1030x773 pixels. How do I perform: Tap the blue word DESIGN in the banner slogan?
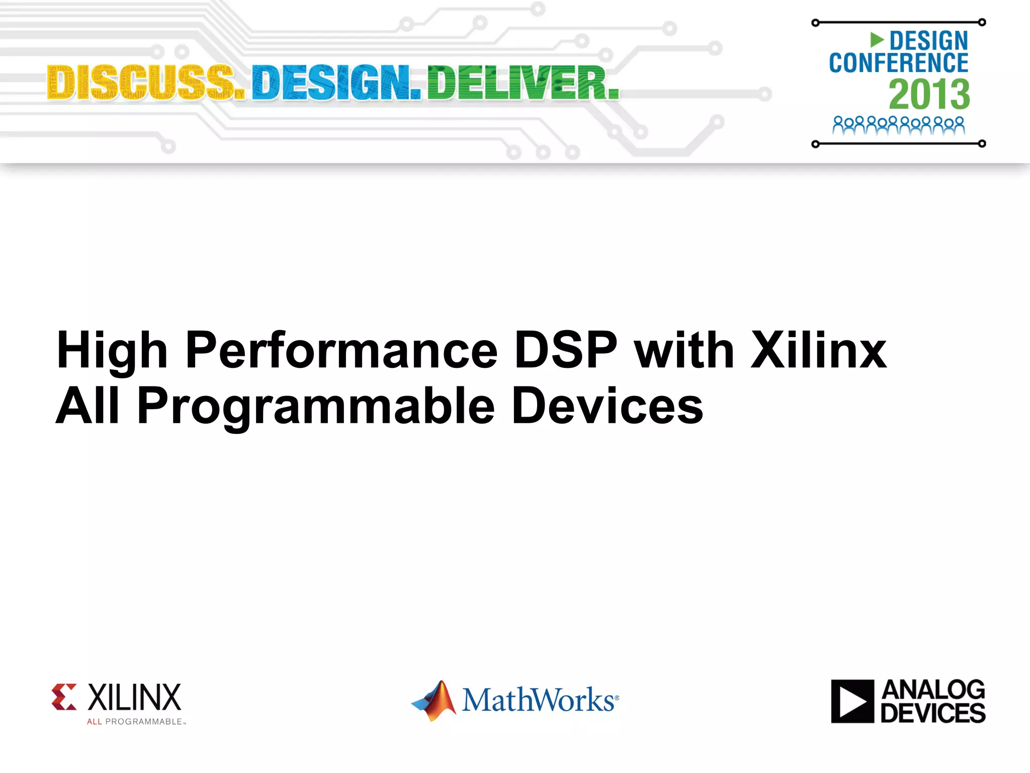point(336,83)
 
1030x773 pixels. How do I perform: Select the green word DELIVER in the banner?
point(523,83)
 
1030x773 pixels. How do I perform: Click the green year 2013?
point(929,94)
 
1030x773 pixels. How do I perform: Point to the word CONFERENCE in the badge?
point(898,63)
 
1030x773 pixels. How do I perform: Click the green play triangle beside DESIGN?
point(877,40)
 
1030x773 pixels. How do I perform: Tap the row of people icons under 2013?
point(898,125)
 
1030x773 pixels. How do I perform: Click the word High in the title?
point(112,351)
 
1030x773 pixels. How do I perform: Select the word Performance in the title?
point(341,351)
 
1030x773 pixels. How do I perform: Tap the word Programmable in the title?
point(316,407)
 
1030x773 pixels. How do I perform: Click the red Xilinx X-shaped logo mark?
point(64,697)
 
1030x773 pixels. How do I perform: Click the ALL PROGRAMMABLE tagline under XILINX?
point(136,722)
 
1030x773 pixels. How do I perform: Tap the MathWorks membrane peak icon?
point(435,700)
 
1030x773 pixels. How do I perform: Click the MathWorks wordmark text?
point(539,700)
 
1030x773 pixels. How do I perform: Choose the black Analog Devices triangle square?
point(852,701)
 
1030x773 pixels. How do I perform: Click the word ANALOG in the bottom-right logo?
point(933,689)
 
